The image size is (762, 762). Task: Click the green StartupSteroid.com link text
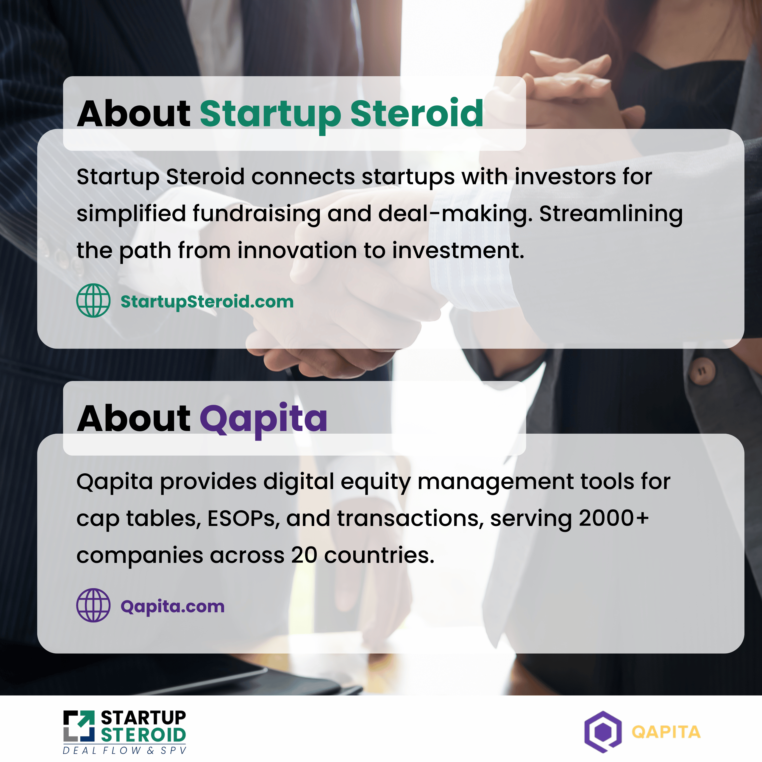tap(207, 302)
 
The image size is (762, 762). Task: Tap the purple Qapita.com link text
tap(172, 607)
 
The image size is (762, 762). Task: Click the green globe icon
tap(93, 301)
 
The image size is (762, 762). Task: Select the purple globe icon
tap(93, 605)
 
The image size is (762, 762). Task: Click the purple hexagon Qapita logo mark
tap(603, 732)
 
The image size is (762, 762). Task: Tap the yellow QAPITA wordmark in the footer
tap(666, 732)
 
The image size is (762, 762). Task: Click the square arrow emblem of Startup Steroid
tap(79, 726)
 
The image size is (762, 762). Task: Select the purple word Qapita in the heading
tap(263, 420)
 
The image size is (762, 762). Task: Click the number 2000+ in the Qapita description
tap(614, 518)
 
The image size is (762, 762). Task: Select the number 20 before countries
tap(304, 555)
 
